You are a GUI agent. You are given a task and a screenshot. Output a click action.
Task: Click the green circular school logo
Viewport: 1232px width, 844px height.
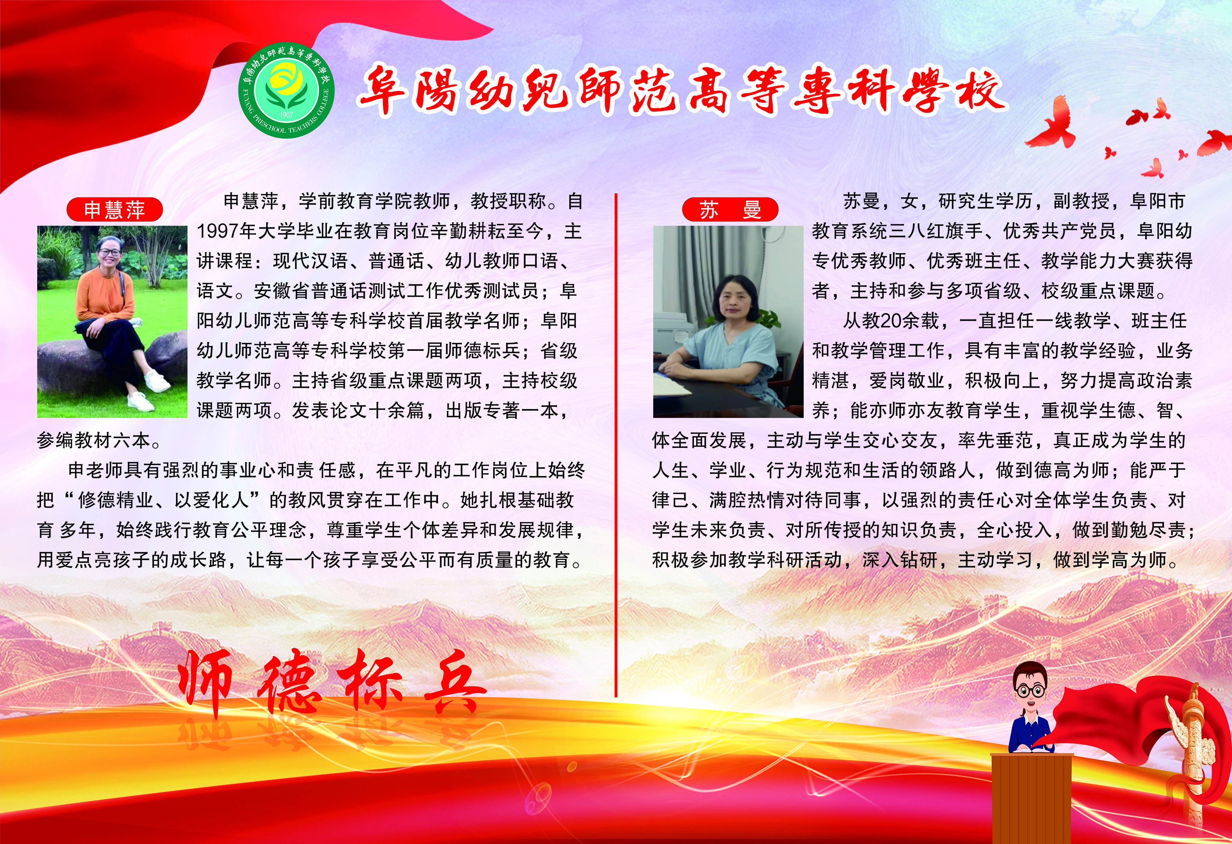tap(286, 90)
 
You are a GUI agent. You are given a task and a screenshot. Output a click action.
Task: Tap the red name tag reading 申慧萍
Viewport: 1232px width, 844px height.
tap(114, 209)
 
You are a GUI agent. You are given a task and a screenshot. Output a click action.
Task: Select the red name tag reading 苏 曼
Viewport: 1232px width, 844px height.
tap(730, 209)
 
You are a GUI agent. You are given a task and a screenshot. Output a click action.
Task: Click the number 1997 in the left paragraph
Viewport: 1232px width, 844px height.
tap(218, 231)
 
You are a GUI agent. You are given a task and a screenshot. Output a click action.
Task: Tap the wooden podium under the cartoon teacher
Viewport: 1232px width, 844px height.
tap(1032, 798)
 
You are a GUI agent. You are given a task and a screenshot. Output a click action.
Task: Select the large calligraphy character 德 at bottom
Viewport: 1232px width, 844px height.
tap(289, 681)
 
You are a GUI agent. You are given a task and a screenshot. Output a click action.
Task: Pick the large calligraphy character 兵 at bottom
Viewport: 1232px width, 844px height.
tap(453, 684)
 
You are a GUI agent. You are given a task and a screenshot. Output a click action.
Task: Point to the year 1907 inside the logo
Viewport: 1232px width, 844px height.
tap(286, 114)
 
